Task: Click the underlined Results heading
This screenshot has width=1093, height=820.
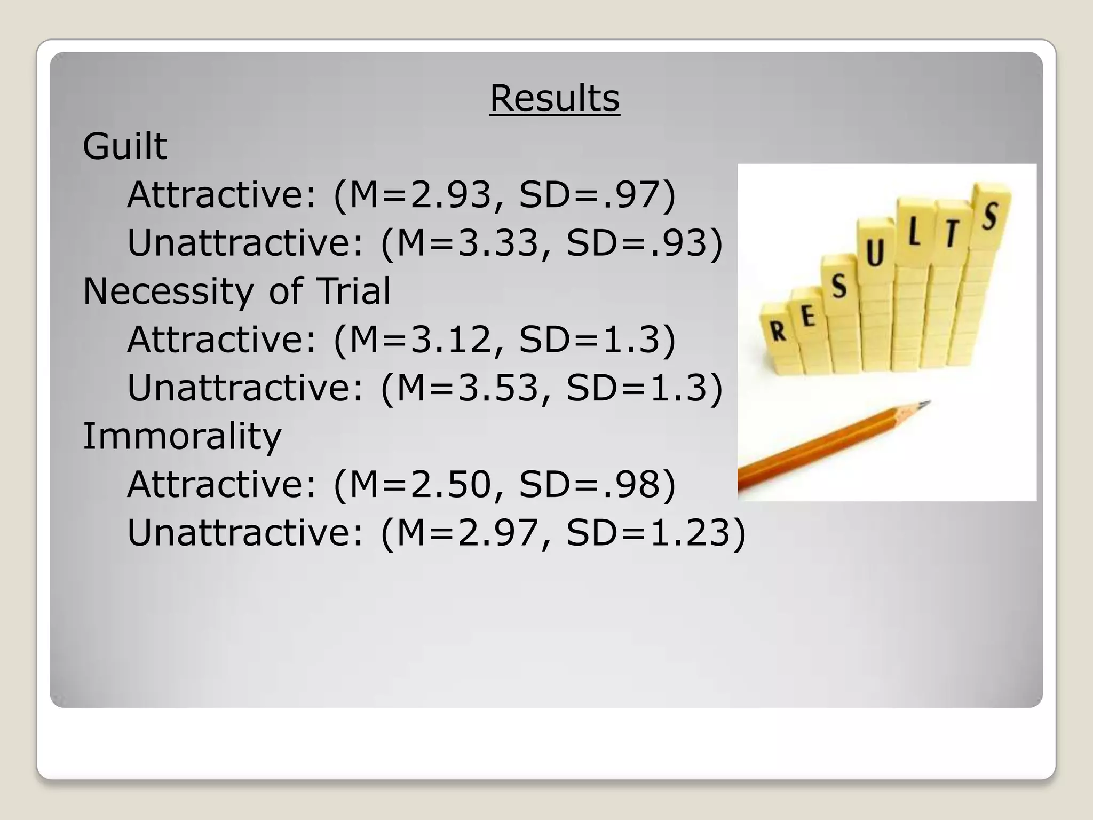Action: pyautogui.click(x=555, y=98)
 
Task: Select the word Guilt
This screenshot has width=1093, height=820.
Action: pyautogui.click(x=125, y=146)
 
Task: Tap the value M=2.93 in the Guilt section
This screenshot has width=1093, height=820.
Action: pyautogui.click(x=419, y=194)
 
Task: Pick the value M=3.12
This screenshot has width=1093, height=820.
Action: pyautogui.click(x=419, y=340)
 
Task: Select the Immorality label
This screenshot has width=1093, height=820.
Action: pyautogui.click(x=182, y=437)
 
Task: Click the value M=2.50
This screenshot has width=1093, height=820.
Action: pyautogui.click(x=419, y=485)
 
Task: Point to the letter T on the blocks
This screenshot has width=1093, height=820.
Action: pyautogui.click(x=951, y=233)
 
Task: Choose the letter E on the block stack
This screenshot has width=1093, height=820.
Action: pyautogui.click(x=808, y=317)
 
